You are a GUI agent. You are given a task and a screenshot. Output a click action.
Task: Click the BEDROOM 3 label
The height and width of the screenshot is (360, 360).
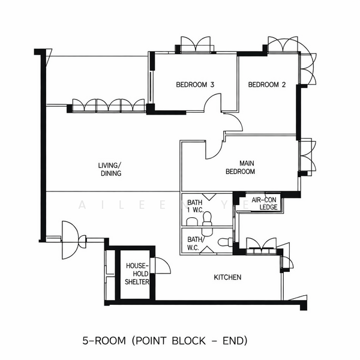[x=195, y=85]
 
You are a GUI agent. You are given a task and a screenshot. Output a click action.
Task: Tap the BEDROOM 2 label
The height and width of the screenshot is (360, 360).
[x=267, y=85]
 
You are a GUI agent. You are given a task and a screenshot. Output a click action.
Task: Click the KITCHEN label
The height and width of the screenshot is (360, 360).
[x=228, y=277]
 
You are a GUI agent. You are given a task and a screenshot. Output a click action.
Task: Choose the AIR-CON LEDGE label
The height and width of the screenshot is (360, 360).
[x=263, y=203]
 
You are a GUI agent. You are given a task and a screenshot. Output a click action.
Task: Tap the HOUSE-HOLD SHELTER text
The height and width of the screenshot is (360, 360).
[x=137, y=274]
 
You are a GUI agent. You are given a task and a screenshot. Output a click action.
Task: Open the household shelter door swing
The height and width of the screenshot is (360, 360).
[x=161, y=266]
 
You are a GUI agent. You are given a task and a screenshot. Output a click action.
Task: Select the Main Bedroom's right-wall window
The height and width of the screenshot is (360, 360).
[x=306, y=157]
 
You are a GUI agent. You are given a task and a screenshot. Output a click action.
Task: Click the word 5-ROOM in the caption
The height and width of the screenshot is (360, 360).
[x=104, y=341]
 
